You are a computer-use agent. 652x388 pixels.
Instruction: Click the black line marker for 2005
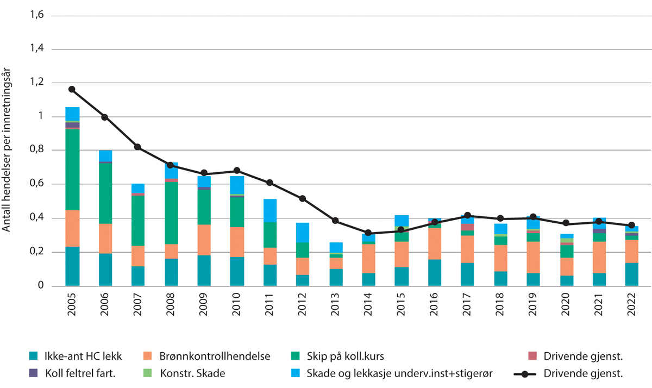pyautogui.click(x=72, y=89)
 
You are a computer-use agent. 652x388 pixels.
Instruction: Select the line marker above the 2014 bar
pyautogui.click(x=368, y=233)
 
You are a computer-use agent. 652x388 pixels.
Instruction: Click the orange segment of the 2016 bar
pyautogui.click(x=434, y=243)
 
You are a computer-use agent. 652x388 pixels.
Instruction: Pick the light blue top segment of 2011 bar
pyautogui.click(x=269, y=210)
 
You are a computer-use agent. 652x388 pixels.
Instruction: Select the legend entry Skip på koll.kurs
pyautogui.click(x=344, y=356)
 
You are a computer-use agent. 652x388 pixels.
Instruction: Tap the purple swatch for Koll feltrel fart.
pyautogui.click(x=33, y=373)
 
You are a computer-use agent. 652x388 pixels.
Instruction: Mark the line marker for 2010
pyautogui.click(x=236, y=171)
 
